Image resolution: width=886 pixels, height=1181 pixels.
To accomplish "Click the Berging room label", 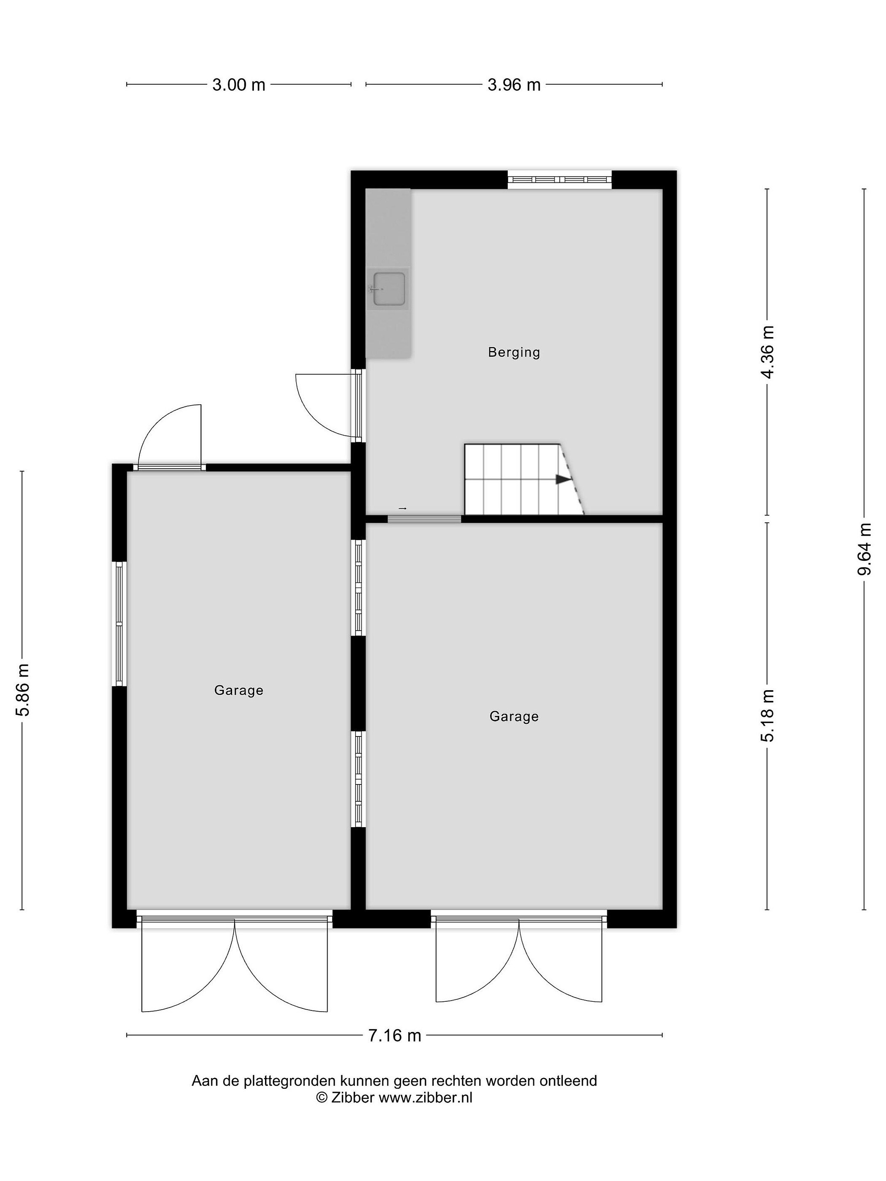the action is click(514, 352).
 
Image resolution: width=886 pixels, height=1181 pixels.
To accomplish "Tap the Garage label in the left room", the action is click(239, 690).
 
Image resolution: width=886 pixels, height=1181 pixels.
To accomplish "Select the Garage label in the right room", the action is click(514, 716).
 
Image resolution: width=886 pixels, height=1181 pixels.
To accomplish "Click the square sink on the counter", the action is click(389, 288).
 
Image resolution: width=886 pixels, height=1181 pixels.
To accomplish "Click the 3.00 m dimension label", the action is click(239, 85).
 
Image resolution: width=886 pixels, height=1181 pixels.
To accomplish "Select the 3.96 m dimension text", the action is click(514, 85).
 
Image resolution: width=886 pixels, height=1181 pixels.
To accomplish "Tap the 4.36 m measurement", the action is click(767, 352).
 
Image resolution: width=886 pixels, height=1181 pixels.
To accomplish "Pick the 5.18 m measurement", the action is click(767, 716).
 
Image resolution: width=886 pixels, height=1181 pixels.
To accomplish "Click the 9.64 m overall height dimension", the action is click(864, 549).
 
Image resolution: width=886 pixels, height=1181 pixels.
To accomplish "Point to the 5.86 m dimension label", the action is click(23, 690).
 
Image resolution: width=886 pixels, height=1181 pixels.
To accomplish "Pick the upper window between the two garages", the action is click(359, 587).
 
